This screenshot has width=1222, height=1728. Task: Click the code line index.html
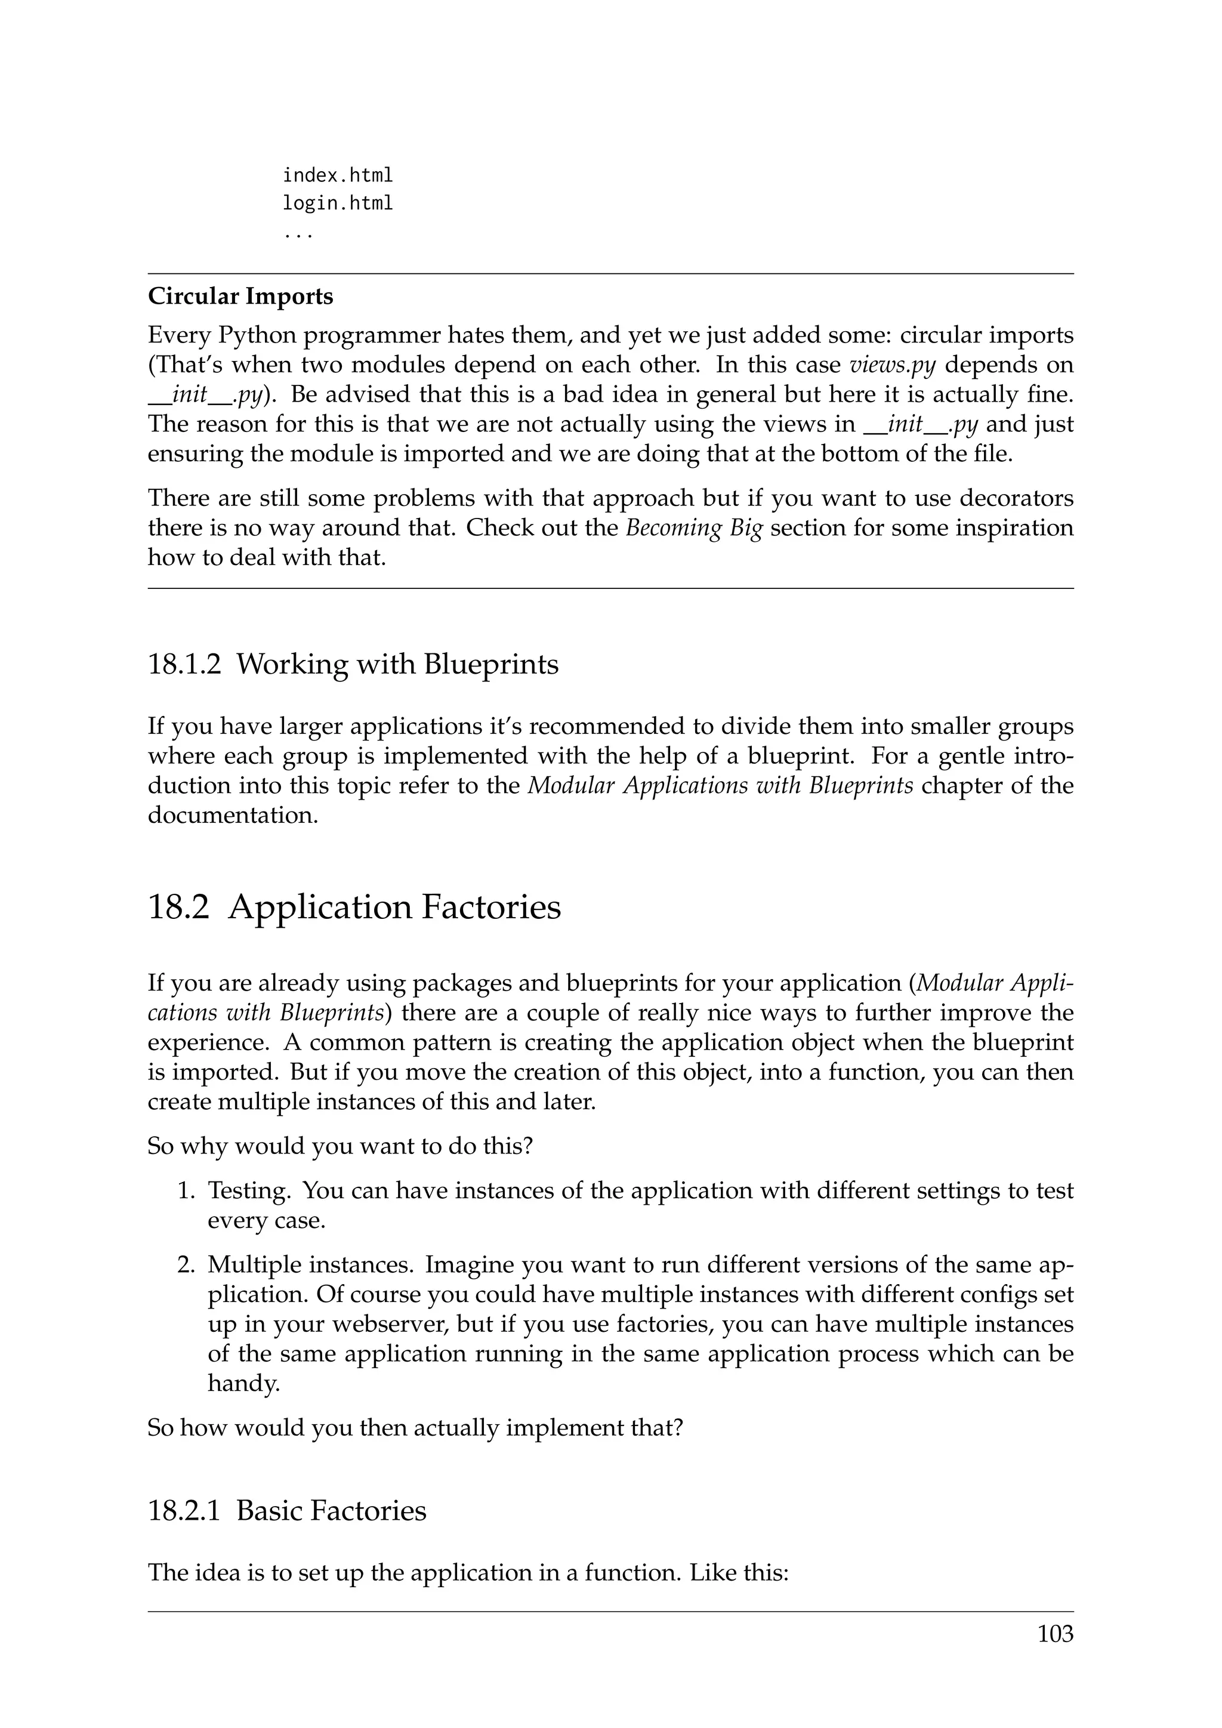point(337,176)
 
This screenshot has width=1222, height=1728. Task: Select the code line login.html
point(337,204)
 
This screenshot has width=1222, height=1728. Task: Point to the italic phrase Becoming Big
point(694,528)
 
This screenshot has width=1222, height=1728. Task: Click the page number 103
point(1055,1634)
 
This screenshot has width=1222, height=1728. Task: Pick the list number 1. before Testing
point(187,1190)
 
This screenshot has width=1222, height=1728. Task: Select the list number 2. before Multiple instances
point(187,1265)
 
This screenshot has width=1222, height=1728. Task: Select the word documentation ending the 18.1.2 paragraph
point(233,816)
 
